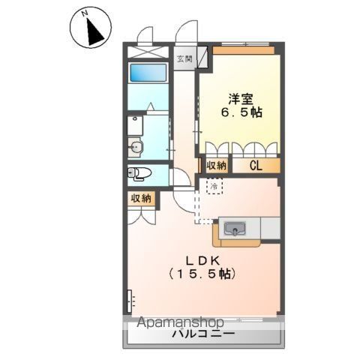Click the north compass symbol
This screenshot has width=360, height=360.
click(x=91, y=29)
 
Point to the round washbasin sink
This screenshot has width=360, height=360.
click(x=136, y=146)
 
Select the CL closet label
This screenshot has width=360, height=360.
click(x=255, y=166)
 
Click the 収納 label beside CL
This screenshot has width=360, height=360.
click(x=216, y=166)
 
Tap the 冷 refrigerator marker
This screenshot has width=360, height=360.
click(x=214, y=185)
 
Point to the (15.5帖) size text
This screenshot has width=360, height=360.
click(x=202, y=275)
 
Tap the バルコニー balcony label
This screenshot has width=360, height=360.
click(x=202, y=334)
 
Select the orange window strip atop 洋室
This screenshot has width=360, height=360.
click(x=242, y=49)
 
